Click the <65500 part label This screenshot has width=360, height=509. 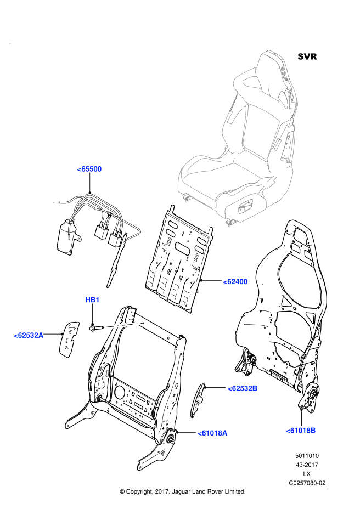[89, 169]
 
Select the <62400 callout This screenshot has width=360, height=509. [235, 281]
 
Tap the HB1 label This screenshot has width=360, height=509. [92, 300]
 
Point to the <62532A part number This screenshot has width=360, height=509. [29, 335]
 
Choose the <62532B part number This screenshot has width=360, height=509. [243, 388]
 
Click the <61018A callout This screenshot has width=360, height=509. [212, 433]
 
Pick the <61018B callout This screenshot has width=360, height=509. [301, 431]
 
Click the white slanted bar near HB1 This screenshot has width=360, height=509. [123, 325]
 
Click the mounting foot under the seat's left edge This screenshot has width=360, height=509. [187, 197]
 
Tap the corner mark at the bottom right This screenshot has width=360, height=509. [327, 488]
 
